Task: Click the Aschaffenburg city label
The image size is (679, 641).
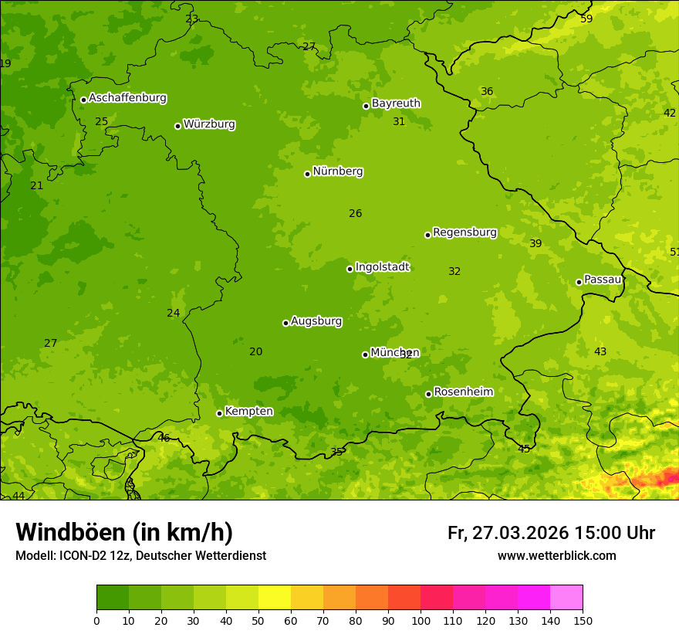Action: pos(127,98)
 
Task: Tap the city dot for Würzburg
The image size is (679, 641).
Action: pos(177,126)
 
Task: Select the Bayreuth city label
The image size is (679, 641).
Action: pos(396,103)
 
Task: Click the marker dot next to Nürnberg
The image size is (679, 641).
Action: pos(307,174)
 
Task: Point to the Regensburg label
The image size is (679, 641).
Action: pos(464,232)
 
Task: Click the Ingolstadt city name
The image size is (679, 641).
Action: pos(382,267)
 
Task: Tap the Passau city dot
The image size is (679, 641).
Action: pos(579,282)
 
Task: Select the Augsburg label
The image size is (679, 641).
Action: pos(316,321)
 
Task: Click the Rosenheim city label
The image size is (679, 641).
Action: pos(463,392)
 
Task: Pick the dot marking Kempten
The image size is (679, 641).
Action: pos(219,413)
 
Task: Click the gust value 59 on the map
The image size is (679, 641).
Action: pos(586,19)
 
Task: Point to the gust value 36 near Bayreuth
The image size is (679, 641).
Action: pos(487,92)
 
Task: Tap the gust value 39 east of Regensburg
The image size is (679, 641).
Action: pos(535,244)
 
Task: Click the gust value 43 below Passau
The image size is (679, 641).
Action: pos(600,352)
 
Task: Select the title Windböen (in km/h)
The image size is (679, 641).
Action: pos(124,532)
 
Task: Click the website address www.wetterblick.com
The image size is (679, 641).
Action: pos(556,556)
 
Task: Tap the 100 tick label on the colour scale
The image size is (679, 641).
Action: pos(421,620)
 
